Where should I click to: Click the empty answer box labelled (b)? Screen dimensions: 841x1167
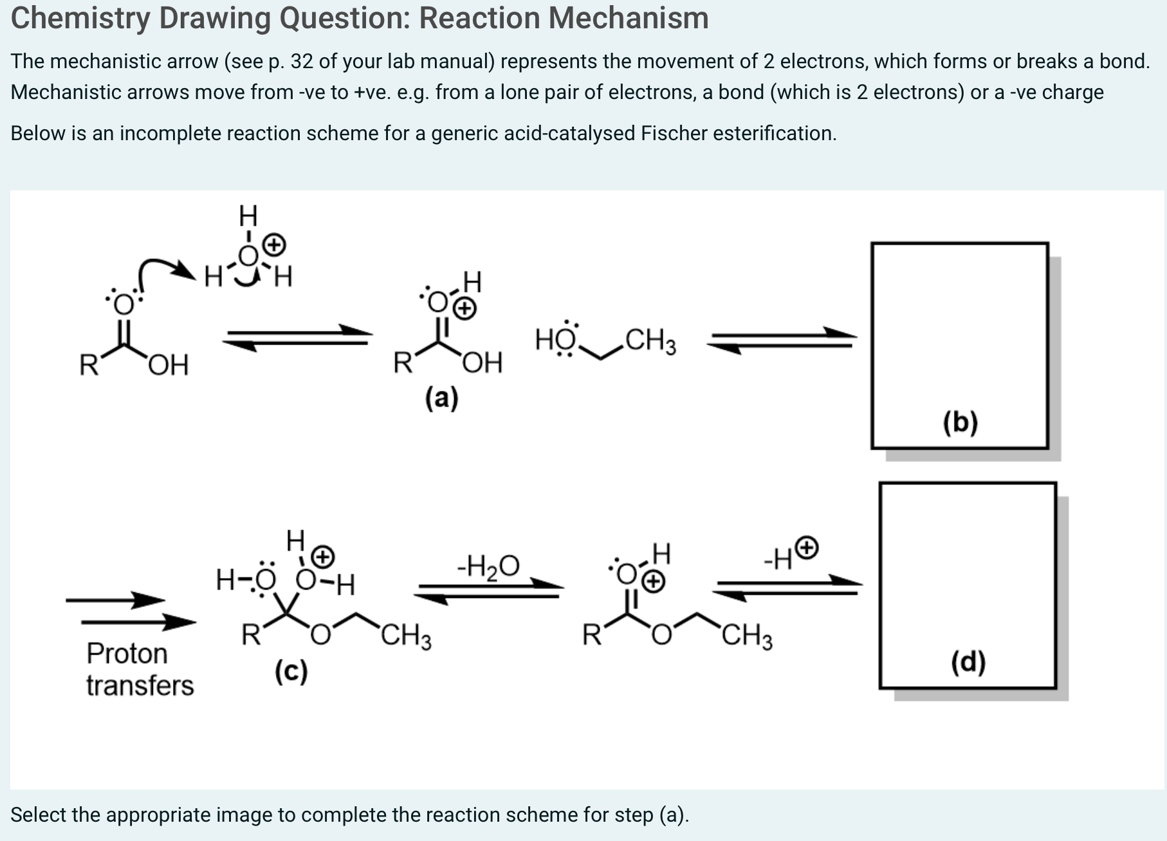tap(959, 345)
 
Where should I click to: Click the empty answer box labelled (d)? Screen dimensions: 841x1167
tap(968, 584)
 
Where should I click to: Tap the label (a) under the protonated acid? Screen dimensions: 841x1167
tap(441, 398)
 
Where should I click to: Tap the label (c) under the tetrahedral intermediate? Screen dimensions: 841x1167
tap(291, 672)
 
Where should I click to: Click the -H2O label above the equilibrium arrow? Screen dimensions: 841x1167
tap(488, 566)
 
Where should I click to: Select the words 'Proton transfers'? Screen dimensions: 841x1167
tap(140, 669)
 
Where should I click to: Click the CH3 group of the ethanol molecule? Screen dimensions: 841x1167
tap(650, 341)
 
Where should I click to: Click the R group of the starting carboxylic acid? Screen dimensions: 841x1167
tap(88, 365)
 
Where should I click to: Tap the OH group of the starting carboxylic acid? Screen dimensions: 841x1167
tap(169, 365)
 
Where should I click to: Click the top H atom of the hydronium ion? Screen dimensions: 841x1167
tap(248, 215)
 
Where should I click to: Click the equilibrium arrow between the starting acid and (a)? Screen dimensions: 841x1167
tap(297, 338)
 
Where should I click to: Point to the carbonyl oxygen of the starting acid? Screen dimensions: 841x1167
tap(124, 302)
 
